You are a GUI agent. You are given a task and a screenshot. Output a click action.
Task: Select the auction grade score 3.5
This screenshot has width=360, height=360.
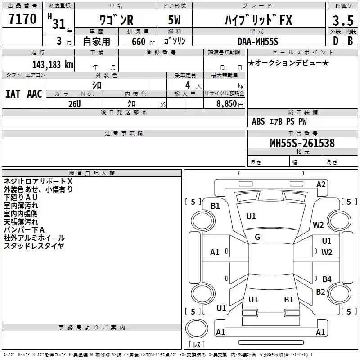[x=342, y=21]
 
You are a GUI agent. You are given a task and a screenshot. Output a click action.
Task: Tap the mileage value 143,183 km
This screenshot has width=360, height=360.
[x=53, y=64]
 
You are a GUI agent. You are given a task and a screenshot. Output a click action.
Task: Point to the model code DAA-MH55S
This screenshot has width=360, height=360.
[x=258, y=41]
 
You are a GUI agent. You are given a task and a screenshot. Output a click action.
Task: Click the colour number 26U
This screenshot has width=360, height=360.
[x=75, y=103]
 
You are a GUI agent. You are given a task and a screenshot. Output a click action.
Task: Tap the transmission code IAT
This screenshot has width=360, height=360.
[x=13, y=94]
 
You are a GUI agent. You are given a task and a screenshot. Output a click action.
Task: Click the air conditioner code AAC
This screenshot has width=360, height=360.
[x=35, y=94]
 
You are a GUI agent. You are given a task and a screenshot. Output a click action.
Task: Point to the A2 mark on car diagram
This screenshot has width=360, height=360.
[x=321, y=184]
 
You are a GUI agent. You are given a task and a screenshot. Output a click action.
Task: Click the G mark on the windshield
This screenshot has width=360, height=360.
[x=257, y=237]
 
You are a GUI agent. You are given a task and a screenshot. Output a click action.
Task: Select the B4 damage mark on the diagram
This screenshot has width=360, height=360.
[x=327, y=279]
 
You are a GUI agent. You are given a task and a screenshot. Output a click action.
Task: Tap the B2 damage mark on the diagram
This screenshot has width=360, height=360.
[x=320, y=292]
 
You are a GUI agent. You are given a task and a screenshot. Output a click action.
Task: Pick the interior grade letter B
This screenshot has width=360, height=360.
[x=350, y=41]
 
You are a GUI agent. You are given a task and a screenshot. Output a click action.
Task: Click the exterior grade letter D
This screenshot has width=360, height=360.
[x=335, y=41]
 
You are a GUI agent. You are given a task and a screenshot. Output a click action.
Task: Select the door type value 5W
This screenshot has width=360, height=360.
[x=175, y=21]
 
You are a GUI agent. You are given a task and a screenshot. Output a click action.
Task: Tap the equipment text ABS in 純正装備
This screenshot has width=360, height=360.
[x=258, y=121]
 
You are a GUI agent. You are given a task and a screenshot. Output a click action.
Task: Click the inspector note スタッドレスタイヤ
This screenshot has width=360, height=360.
[x=34, y=246]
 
